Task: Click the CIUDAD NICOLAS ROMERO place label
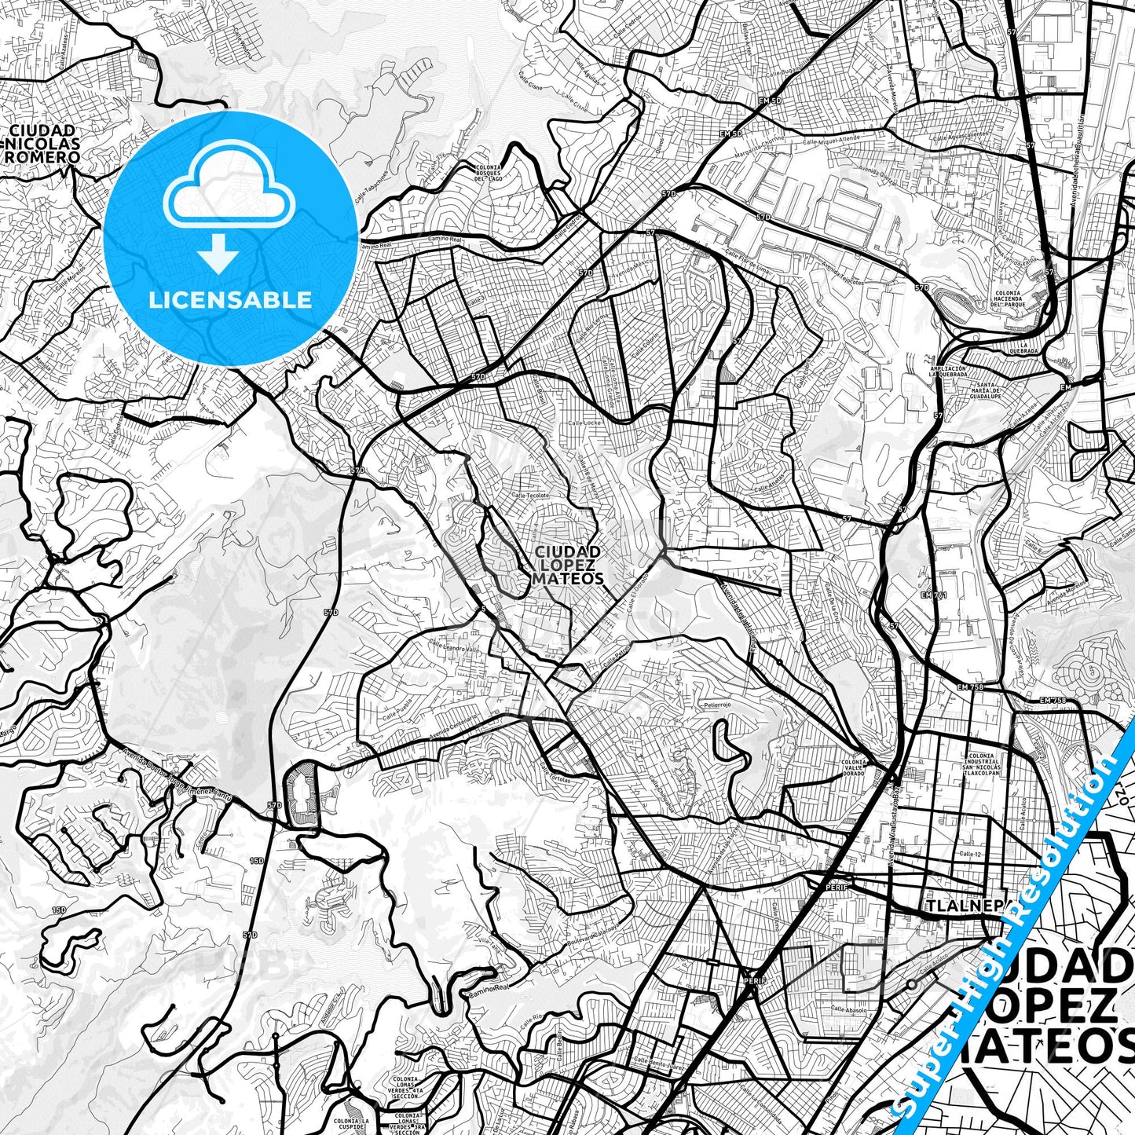tap(42, 144)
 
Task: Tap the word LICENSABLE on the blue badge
tap(231, 299)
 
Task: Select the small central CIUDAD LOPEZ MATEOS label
tap(568, 565)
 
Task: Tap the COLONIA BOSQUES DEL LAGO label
tap(488, 173)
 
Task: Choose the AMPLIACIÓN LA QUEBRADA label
tap(946, 372)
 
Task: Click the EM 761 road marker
tap(935, 595)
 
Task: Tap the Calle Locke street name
tap(572, 423)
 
